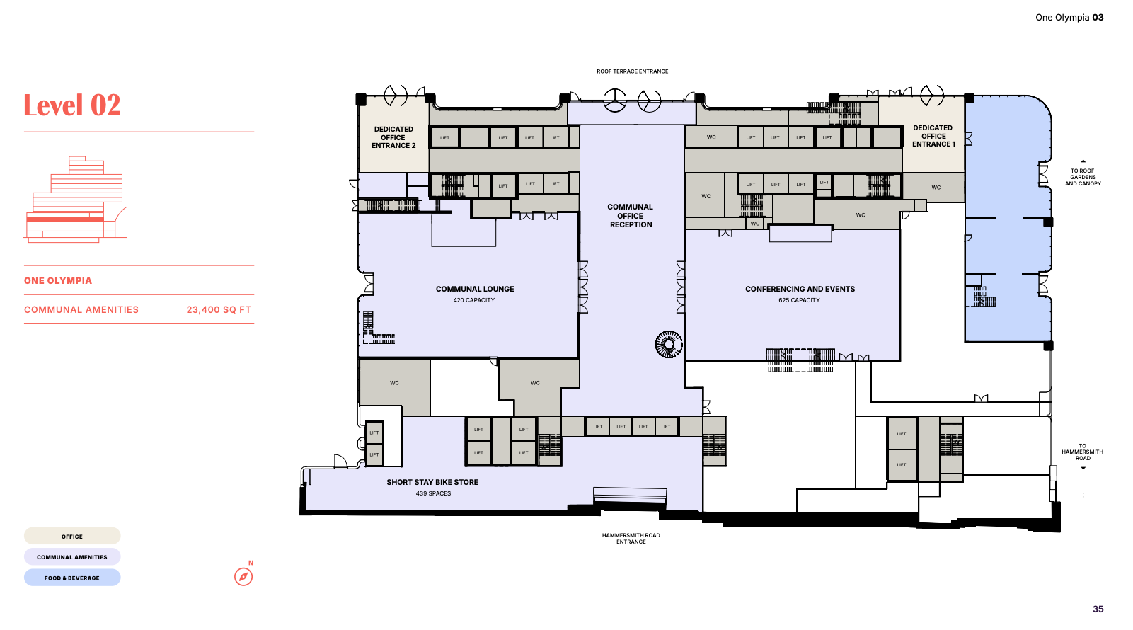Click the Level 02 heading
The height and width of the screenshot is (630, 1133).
pos(71,105)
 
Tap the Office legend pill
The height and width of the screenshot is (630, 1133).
pos(71,536)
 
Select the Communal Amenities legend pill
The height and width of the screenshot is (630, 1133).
pos(71,556)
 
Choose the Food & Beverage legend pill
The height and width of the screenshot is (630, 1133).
pos(71,578)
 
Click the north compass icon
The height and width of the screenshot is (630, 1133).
pos(243,576)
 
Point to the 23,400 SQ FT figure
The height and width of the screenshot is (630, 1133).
pos(219,309)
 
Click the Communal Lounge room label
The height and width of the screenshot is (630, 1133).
pos(474,289)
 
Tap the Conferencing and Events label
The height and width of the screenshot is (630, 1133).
pos(800,289)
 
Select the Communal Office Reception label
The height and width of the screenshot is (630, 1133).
pos(631,216)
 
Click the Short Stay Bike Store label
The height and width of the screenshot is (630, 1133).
pos(432,482)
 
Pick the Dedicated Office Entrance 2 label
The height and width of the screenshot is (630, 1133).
pos(393,137)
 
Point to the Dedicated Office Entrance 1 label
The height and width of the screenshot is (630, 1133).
pos(933,136)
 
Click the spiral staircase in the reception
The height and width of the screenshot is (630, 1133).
pos(669,345)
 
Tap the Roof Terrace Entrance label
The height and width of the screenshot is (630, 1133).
pos(632,71)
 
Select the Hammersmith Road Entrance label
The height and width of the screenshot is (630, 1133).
pos(631,539)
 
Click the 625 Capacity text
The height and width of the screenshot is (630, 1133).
pos(799,300)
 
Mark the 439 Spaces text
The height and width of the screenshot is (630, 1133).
pos(433,493)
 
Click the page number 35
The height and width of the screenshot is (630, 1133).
pos(1098,609)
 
